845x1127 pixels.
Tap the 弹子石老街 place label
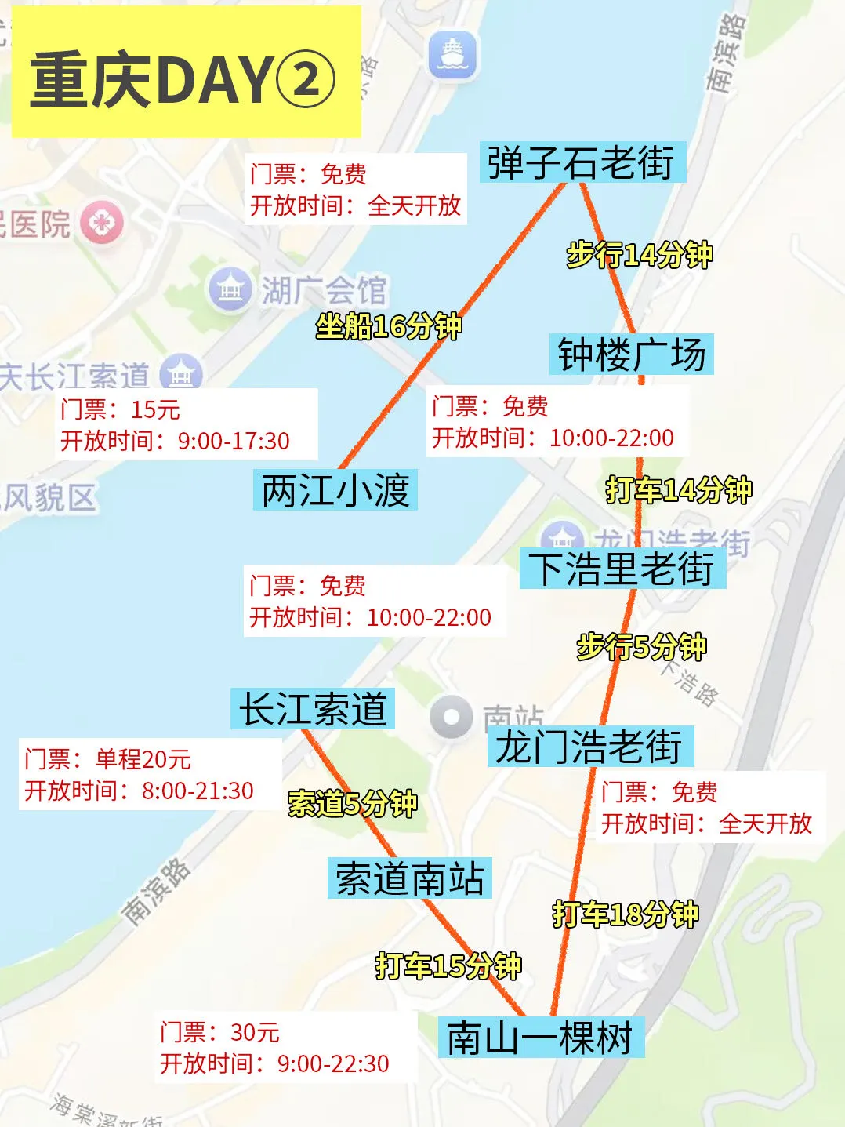point(582,162)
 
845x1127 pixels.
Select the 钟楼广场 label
point(631,354)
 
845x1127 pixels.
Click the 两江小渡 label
point(335,490)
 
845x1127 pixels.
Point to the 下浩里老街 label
point(622,569)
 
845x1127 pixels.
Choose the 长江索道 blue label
point(313,709)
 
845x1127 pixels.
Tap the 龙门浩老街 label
point(589,746)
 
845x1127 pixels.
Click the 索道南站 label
point(409,878)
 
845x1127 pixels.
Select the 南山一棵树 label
point(541,1037)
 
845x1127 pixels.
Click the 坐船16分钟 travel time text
point(389,325)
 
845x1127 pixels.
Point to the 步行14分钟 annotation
point(640,254)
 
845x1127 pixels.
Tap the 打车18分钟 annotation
point(625,914)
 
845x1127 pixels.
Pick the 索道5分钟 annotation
point(353,803)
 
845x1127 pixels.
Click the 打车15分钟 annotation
point(448,965)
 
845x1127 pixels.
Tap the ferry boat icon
point(452,55)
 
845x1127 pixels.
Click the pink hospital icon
point(101,223)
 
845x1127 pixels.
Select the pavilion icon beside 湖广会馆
point(230,289)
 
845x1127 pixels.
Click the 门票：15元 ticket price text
point(120,409)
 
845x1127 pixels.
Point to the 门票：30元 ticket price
point(219,1032)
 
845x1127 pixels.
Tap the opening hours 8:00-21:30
point(198,791)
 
